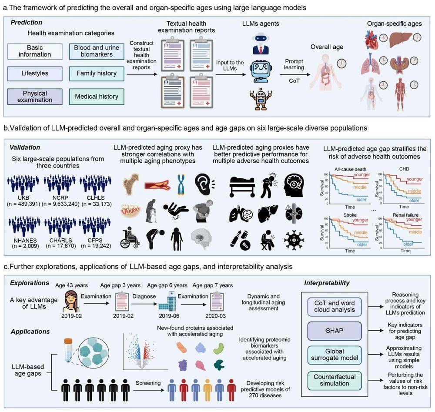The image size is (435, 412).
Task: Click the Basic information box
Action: point(34,51)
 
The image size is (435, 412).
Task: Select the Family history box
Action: point(96,73)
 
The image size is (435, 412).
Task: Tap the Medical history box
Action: point(96,96)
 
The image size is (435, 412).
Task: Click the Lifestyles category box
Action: point(34,73)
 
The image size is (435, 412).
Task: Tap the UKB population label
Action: point(23,198)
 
